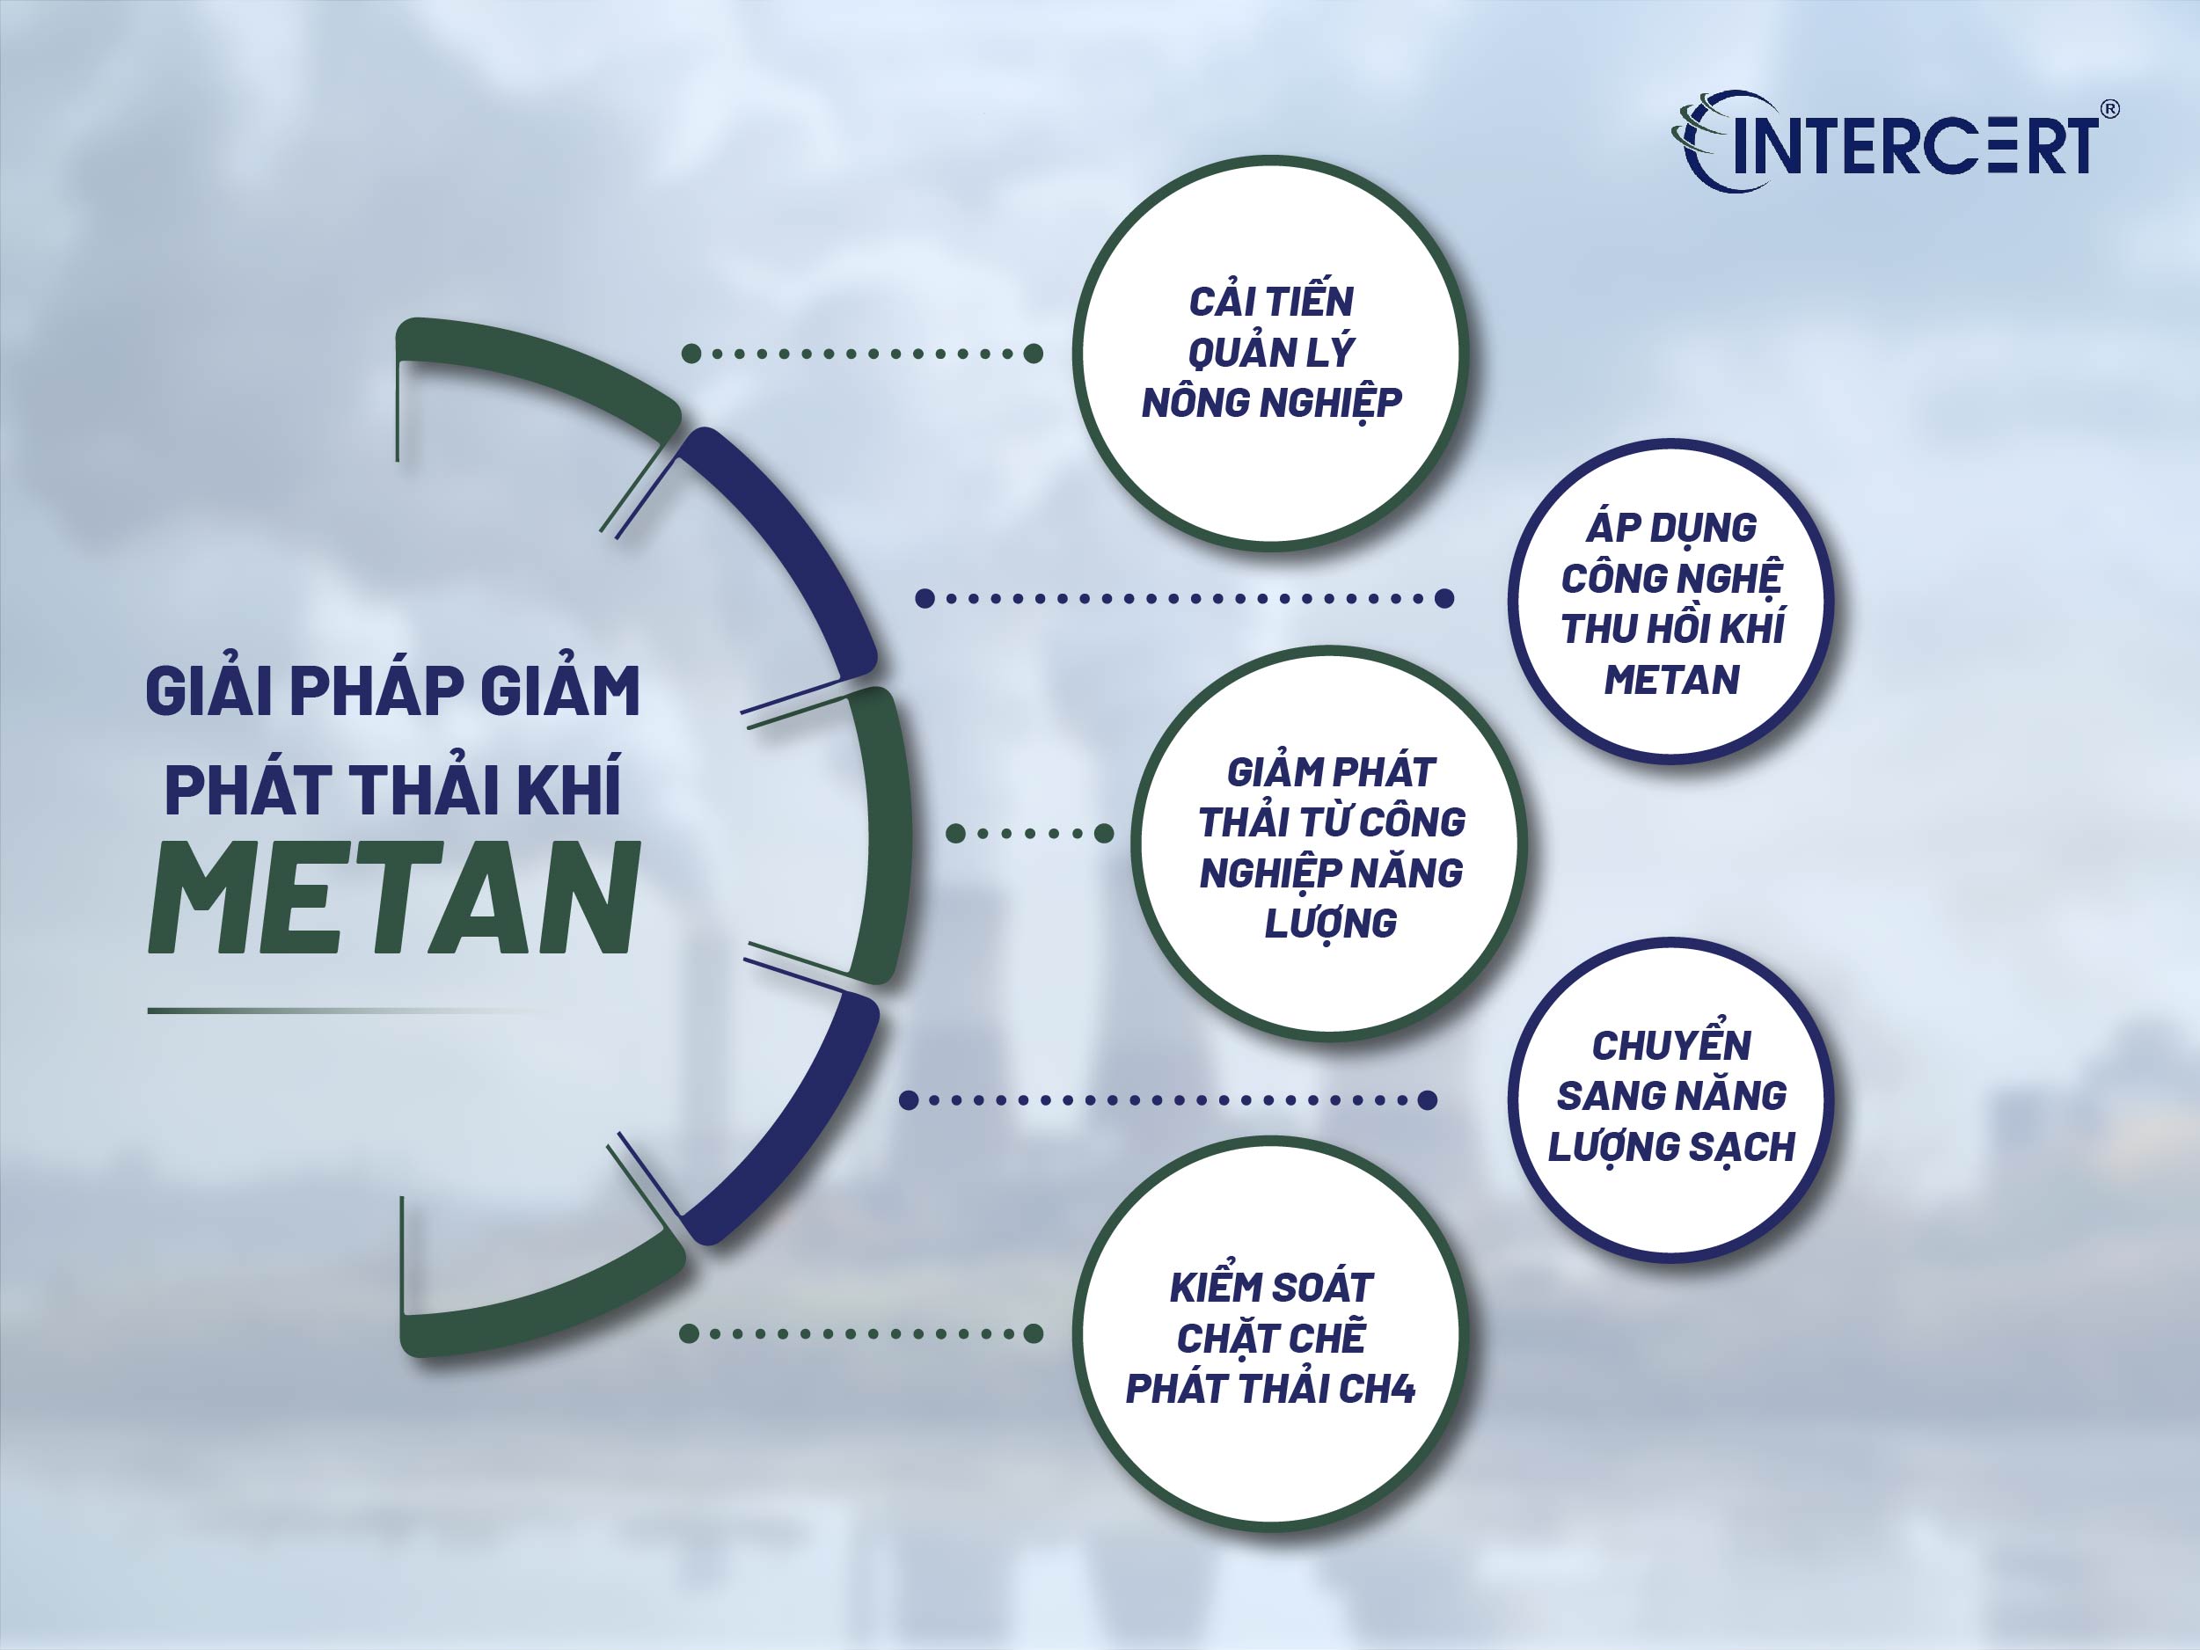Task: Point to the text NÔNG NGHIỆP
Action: click(x=1271, y=403)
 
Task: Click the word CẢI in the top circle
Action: click(x=1221, y=302)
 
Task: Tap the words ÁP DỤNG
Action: click(x=1670, y=527)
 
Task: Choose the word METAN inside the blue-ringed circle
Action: click(x=1670, y=680)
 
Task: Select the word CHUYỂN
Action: click(x=1670, y=1045)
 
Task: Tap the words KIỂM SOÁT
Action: click(x=1271, y=1288)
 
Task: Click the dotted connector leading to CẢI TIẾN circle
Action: click(x=861, y=353)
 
